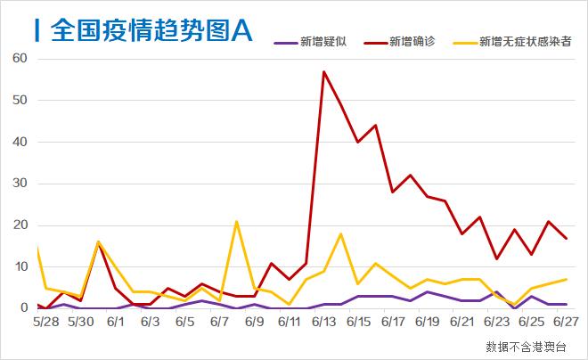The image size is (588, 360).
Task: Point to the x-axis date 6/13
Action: (323, 321)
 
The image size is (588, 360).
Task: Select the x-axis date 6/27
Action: (568, 321)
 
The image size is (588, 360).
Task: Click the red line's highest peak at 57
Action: (323, 71)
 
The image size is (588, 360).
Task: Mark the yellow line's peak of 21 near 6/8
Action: (236, 221)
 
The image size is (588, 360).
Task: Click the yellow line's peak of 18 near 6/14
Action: (340, 233)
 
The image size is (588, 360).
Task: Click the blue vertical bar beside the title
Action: (37, 30)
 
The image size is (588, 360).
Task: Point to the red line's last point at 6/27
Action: (567, 238)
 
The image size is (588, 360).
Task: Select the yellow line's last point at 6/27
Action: (567, 280)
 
